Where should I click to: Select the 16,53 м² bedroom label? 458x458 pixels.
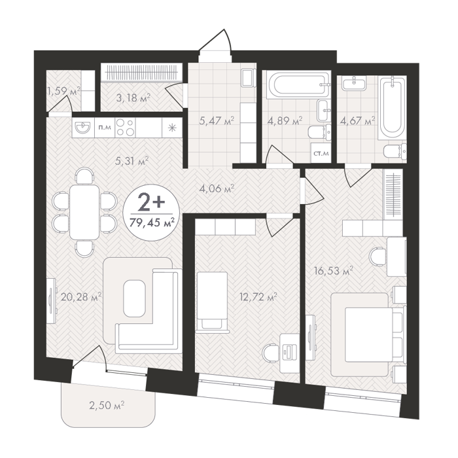pyautogui.click(x=334, y=271)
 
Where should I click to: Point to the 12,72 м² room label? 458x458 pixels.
pyautogui.click(x=258, y=298)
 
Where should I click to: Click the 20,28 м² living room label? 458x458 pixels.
pyautogui.click(x=82, y=298)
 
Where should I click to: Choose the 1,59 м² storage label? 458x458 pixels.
pyautogui.click(x=64, y=92)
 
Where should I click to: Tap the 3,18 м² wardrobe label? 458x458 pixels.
pyautogui.click(x=133, y=98)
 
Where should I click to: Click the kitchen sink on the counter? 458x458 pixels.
pyautogui.click(x=83, y=128)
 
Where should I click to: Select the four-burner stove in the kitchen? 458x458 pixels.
pyautogui.click(x=126, y=128)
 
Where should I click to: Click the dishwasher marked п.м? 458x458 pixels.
pyautogui.click(x=104, y=128)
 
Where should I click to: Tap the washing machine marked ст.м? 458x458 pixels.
pyautogui.click(x=321, y=152)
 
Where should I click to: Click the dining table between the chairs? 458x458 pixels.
pyautogui.click(x=84, y=212)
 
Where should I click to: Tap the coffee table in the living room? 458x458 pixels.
pyautogui.click(x=134, y=298)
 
